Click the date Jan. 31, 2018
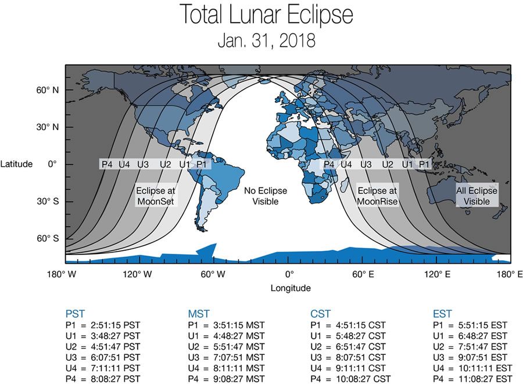tap(266, 41)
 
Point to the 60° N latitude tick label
tap(48, 90)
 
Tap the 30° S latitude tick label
tap(48, 202)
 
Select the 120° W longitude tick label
tap(138, 274)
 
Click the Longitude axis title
tap(290, 288)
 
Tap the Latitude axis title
tap(16, 164)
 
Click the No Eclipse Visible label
tap(266, 196)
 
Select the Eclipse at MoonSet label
tap(155, 196)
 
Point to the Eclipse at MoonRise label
tap(377, 196)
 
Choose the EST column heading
tap(442, 314)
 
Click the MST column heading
tap(198, 314)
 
